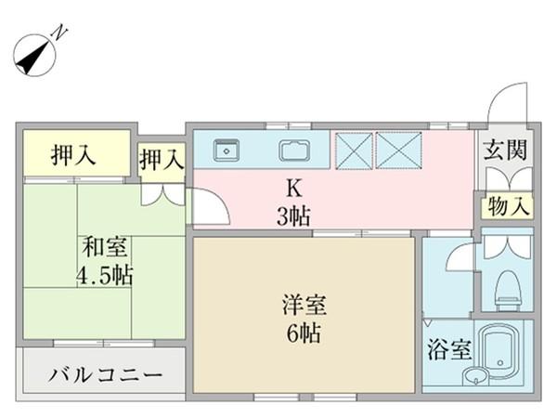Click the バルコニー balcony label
click(x=104, y=377)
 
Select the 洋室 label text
click(x=302, y=305)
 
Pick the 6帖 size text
click(x=302, y=333)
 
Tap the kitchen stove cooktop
click(x=295, y=149)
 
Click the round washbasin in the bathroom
click(x=475, y=376)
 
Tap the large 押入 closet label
click(x=74, y=155)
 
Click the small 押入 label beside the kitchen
click(x=162, y=161)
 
